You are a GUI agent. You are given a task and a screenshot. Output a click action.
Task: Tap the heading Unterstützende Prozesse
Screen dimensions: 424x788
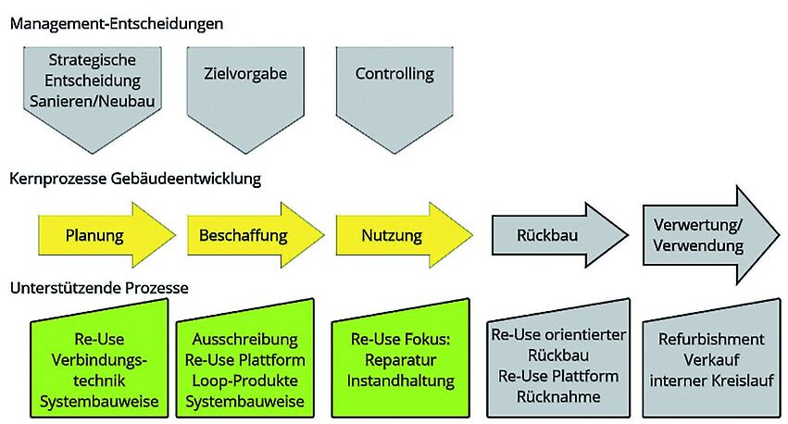[x=99, y=288]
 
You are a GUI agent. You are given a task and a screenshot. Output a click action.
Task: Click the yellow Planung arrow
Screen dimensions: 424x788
[x=102, y=235]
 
